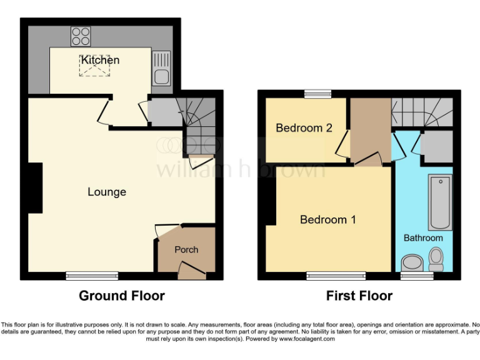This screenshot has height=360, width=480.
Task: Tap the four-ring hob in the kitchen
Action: point(80,36)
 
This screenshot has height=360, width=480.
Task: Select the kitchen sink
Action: point(161,77)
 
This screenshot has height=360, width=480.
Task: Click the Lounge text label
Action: point(106,192)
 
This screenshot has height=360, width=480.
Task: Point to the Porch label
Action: point(186,249)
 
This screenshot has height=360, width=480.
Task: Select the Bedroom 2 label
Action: point(304,128)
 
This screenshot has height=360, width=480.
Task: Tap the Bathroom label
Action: point(422,237)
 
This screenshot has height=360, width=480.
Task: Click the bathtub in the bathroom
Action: point(440,202)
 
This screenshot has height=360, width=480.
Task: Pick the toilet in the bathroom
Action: point(436,258)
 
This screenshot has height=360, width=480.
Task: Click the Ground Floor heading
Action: point(121,296)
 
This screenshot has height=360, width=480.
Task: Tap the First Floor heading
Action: point(359,296)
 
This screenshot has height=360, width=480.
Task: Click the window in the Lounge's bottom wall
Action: point(92,275)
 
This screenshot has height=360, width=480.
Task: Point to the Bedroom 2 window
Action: point(317,94)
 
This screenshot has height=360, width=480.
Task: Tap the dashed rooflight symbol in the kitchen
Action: point(91,66)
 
